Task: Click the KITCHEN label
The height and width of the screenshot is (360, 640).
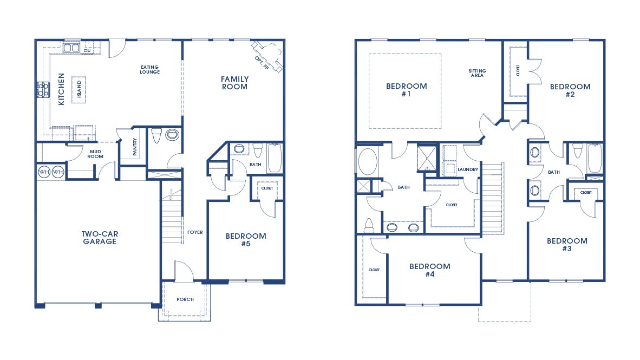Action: pos(61,89)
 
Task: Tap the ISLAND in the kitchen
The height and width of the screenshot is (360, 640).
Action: pos(79,89)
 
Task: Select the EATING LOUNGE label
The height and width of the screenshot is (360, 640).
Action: pos(150,69)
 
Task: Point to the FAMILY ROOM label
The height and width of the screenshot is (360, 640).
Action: pos(234,83)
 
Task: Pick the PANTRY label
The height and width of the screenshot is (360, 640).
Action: pos(135,147)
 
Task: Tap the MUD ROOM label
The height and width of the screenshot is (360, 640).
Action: pos(95,154)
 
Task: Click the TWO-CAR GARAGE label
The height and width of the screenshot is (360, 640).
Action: pos(100,238)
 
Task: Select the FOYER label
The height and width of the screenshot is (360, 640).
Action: pos(195,232)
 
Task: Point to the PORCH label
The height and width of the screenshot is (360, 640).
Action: pos(185,299)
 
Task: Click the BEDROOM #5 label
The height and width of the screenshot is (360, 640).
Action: pos(246,240)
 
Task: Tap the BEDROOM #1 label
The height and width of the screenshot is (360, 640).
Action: pos(407,90)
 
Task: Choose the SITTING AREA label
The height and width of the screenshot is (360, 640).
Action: pos(477,73)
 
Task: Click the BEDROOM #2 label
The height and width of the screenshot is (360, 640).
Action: pos(570,90)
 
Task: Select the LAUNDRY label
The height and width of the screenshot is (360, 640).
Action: pos(468,169)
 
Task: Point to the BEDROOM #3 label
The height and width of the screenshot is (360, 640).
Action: pos(567,245)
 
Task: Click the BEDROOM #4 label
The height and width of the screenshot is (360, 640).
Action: pos(430,270)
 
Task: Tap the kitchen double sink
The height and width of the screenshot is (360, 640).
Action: pos(71,48)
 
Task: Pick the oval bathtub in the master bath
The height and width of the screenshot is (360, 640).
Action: pos(368,162)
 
